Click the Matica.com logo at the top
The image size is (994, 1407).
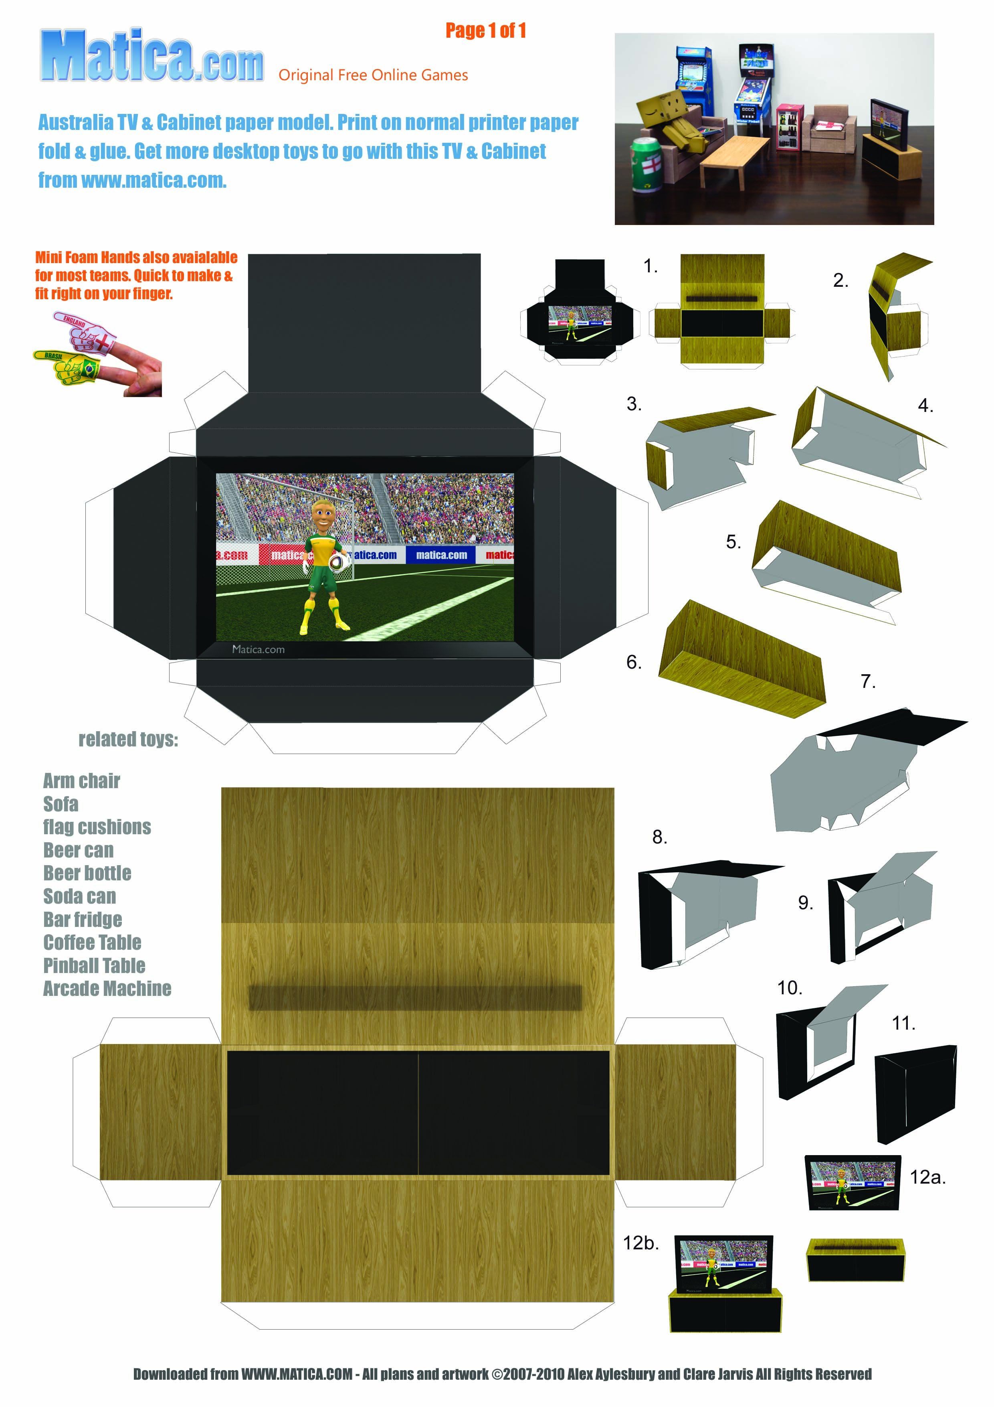(152, 57)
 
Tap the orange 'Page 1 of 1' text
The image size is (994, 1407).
(485, 30)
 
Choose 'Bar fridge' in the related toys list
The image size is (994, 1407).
(83, 919)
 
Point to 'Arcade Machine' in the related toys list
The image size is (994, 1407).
(107, 988)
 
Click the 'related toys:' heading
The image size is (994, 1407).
(128, 739)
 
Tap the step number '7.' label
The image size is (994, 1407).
(868, 681)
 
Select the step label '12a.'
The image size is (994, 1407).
(927, 1177)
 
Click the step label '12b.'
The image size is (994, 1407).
(640, 1243)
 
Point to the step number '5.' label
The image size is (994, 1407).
(733, 542)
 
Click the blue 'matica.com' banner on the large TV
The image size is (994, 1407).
(441, 555)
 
